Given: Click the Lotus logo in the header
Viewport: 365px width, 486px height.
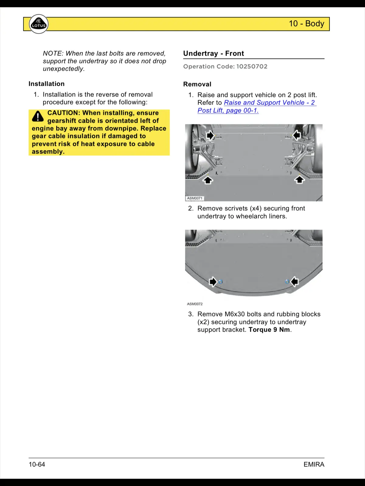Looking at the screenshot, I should (x=39, y=24).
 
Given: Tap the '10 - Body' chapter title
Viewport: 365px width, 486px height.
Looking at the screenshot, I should (x=306, y=24).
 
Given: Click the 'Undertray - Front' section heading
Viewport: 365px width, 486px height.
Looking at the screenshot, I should (x=214, y=53).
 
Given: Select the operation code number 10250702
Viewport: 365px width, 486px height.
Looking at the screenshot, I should (x=252, y=67).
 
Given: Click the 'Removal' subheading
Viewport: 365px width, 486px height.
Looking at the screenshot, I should (x=197, y=84).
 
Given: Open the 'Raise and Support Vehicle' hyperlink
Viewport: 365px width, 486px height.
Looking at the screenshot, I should (x=269, y=103).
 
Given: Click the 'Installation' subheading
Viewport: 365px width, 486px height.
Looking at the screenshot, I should (x=47, y=84).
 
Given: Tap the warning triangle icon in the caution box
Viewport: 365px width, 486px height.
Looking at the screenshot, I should (x=38, y=116).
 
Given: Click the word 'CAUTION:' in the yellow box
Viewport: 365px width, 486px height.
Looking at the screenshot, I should (x=64, y=113).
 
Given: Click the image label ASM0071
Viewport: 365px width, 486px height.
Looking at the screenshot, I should (x=195, y=198).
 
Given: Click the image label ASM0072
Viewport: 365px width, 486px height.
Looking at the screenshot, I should (x=195, y=304).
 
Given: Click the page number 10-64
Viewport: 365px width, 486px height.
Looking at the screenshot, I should (x=37, y=464).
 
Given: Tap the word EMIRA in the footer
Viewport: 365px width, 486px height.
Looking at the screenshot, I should (x=314, y=464).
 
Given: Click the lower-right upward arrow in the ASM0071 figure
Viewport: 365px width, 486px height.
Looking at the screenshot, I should (x=300, y=180).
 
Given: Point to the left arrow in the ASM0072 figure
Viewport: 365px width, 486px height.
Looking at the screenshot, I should (x=213, y=282).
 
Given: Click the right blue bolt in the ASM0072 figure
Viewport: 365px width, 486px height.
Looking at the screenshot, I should (x=287, y=282).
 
